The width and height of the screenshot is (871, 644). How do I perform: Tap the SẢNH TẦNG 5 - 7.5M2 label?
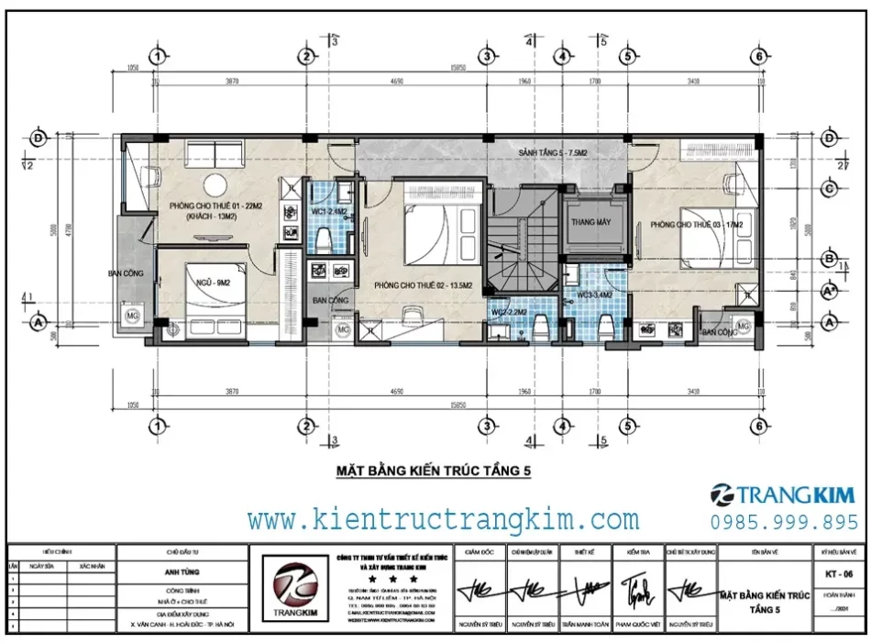point(551,151)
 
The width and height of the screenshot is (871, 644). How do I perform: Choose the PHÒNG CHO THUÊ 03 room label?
point(696,224)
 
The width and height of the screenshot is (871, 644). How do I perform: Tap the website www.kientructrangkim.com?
point(444,520)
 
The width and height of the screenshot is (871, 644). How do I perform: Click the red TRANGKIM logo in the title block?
point(291,587)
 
